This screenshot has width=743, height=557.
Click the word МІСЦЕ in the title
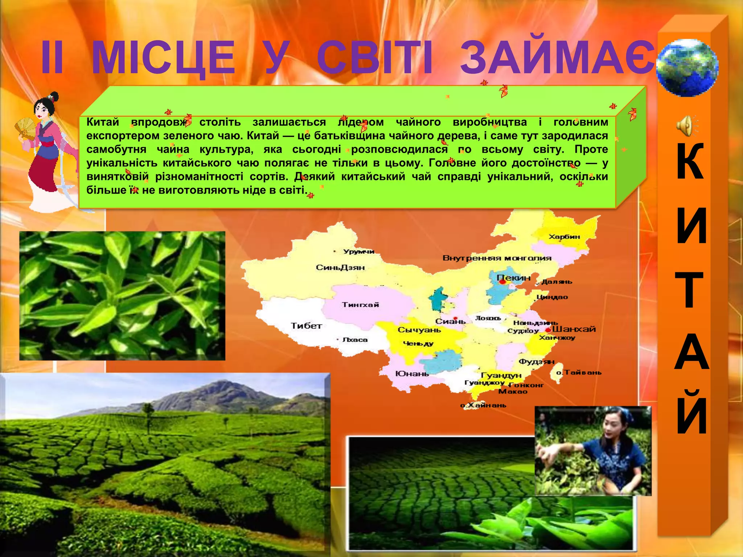point(163,57)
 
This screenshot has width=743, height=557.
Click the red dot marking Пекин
point(502,281)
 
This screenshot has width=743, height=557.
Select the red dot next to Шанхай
point(548,330)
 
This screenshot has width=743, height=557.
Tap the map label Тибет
point(306,326)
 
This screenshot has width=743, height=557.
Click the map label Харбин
point(564,237)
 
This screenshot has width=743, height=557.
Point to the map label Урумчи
point(358,251)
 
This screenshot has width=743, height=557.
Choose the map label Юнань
point(412,374)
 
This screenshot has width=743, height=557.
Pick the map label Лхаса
point(355,340)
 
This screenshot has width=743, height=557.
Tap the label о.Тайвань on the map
point(579,372)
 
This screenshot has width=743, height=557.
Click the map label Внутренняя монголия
point(497,258)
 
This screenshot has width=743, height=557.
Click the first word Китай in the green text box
point(103,122)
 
